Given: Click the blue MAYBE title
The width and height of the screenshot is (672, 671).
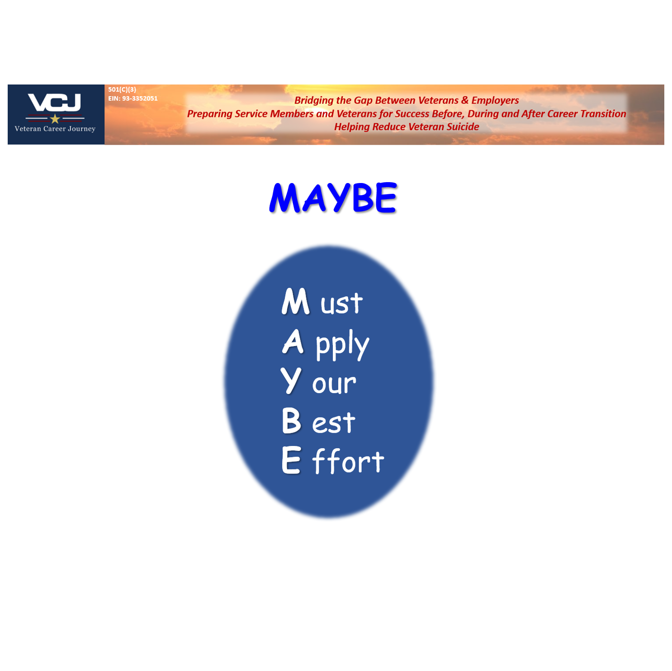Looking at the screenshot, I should (333, 198).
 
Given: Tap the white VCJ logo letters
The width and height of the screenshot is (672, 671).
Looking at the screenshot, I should (55, 103).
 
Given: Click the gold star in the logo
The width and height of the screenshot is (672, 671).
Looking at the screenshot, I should (55, 119).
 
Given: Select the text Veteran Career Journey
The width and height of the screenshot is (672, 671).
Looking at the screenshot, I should (55, 129).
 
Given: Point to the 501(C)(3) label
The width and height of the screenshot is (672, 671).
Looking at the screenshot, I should (122, 89).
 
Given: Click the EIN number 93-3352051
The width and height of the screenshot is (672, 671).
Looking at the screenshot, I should (140, 99).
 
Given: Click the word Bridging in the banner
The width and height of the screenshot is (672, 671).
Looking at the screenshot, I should (313, 100).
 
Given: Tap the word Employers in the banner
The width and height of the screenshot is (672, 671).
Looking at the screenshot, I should (495, 100).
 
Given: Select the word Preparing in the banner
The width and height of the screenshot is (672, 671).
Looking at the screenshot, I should (210, 114).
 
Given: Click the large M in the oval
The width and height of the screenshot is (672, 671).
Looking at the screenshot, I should (295, 301).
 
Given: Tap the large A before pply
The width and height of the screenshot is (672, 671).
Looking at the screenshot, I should (293, 342).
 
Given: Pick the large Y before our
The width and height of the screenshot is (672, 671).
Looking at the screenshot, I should (290, 380).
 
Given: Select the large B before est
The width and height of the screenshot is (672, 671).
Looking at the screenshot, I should (291, 421).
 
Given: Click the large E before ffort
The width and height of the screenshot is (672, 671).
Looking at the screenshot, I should (291, 460).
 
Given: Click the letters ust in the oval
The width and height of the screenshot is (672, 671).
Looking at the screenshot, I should (341, 304).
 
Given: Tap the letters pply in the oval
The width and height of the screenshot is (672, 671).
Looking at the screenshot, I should (342, 344).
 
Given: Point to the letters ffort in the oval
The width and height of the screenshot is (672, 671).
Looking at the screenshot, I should (348, 461).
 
